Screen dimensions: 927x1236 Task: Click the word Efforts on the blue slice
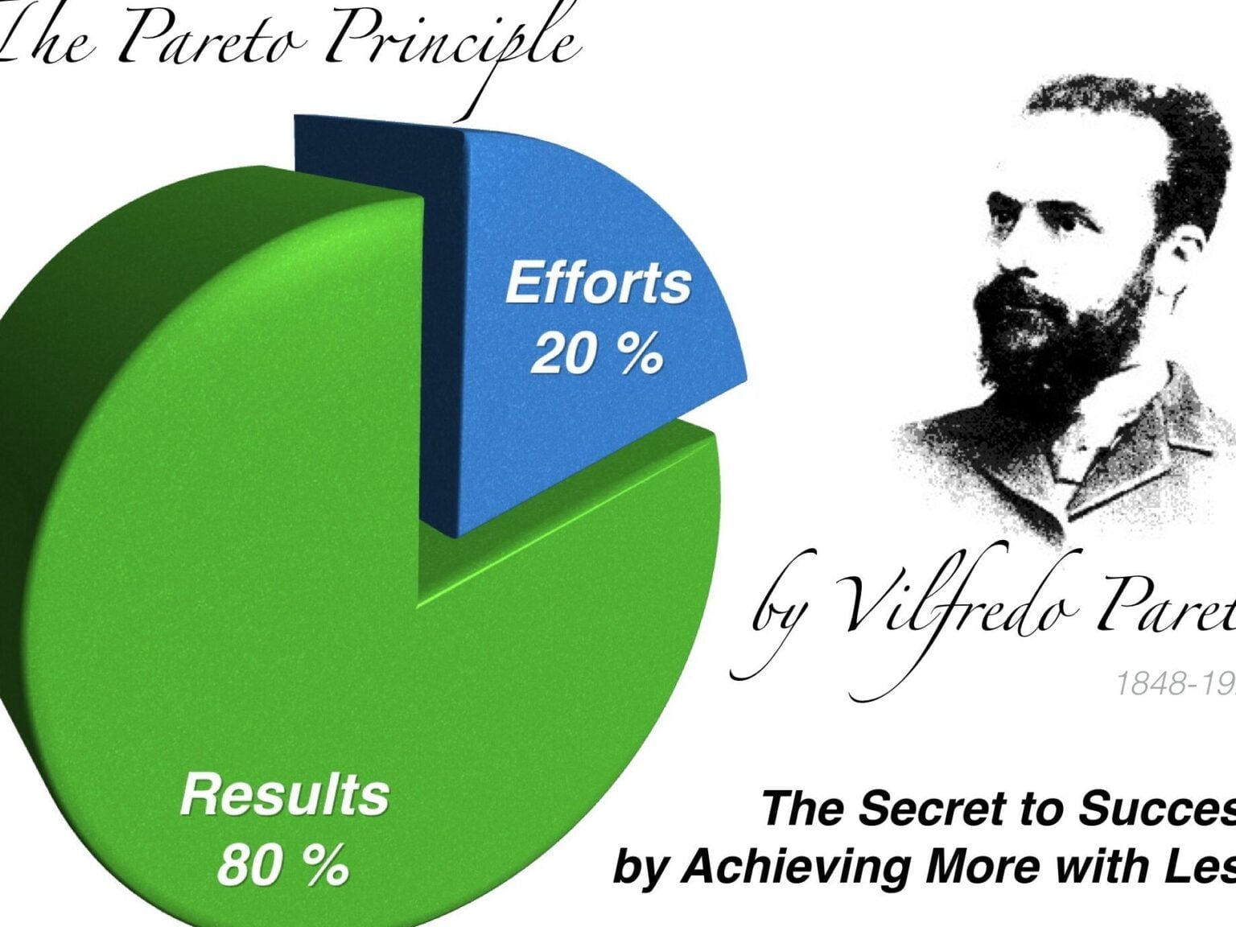(x=598, y=283)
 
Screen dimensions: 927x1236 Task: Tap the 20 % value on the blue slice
(x=596, y=353)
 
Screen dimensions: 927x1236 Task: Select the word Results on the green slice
(x=285, y=795)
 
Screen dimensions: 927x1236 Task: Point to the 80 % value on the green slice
(x=282, y=865)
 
